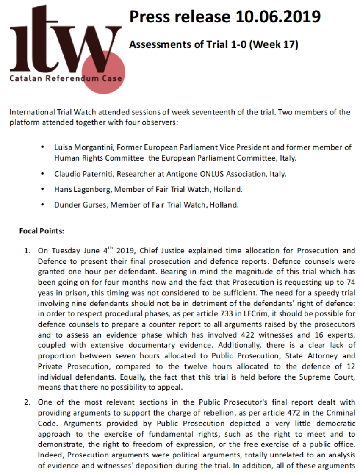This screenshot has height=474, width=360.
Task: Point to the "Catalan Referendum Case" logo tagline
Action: pyautogui.click(x=66, y=78)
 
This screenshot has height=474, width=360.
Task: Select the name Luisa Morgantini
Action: pyautogui.click(x=82, y=147)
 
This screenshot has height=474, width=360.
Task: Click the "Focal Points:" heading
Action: pyautogui.click(x=42, y=231)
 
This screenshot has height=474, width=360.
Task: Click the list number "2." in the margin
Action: pyautogui.click(x=27, y=402)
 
